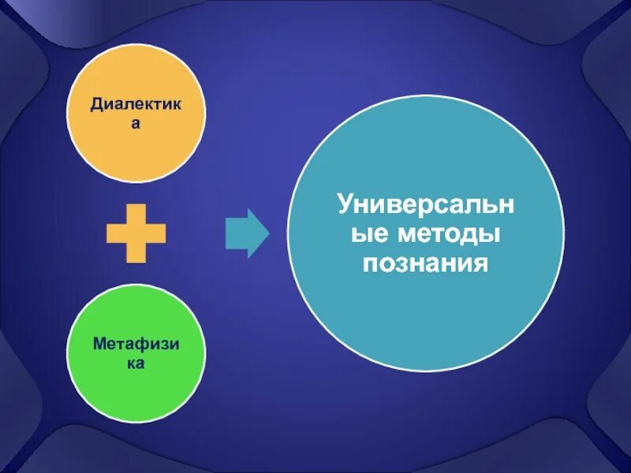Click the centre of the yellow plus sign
click(x=136, y=233)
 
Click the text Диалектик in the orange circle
click(x=136, y=103)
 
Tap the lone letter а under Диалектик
click(x=136, y=124)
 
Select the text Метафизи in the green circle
click(x=136, y=345)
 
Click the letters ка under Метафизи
click(x=136, y=365)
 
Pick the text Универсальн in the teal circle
click(x=426, y=206)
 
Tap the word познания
click(x=426, y=263)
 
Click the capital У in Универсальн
click(x=346, y=206)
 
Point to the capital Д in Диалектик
click(x=96, y=104)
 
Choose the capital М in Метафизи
click(x=99, y=345)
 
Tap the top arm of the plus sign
click(x=136, y=213)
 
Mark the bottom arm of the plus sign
click(x=136, y=254)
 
